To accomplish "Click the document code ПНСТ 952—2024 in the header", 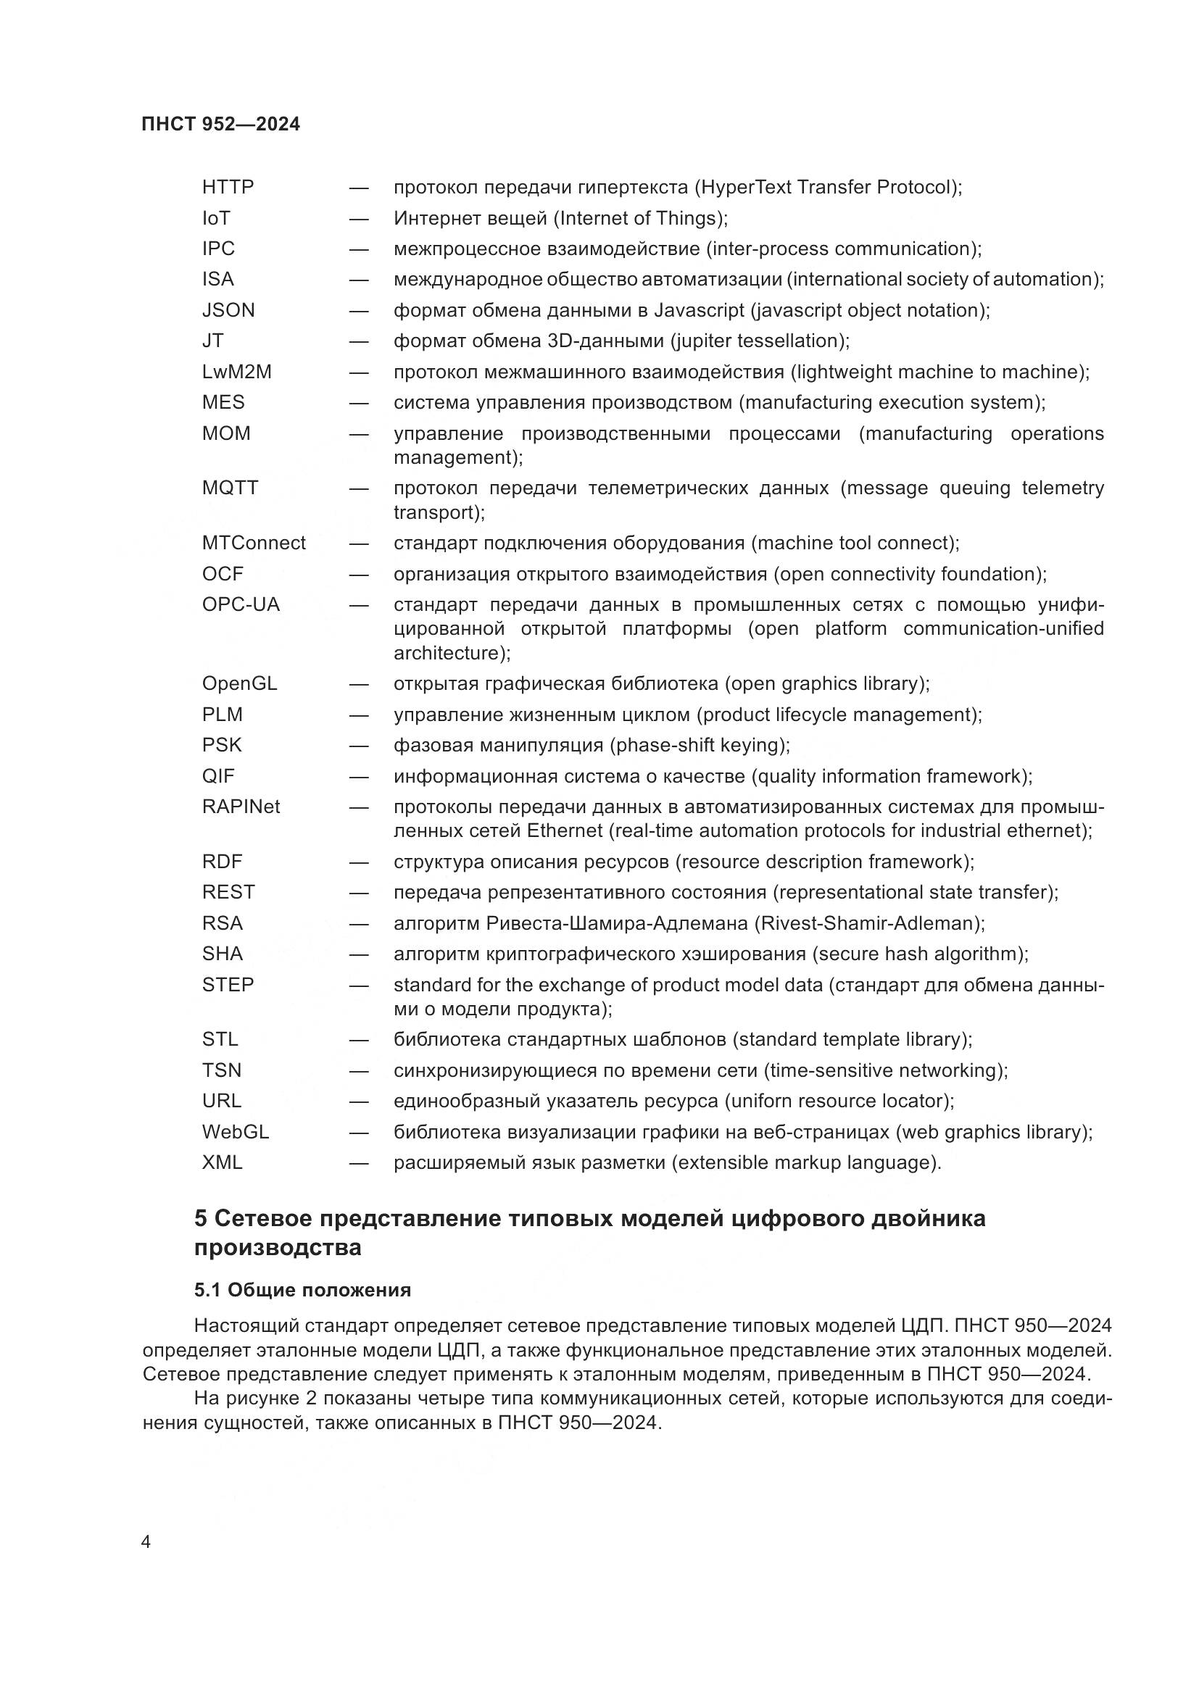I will [220, 124].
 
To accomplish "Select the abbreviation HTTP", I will [228, 188].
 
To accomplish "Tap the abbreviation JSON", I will [228, 310].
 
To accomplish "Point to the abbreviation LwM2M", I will [236, 372].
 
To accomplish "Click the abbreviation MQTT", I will [230, 488].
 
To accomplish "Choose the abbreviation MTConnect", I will [253, 544].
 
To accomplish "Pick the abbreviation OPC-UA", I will [241, 604].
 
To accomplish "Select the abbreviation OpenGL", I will [239, 683].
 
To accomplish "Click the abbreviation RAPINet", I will [241, 807].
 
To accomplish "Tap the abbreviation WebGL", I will [236, 1132].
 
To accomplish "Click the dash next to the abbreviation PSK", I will [359, 746].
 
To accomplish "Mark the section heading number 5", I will [200, 1219].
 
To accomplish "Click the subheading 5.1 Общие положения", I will [303, 1291].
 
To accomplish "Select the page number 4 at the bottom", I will [146, 1542].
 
